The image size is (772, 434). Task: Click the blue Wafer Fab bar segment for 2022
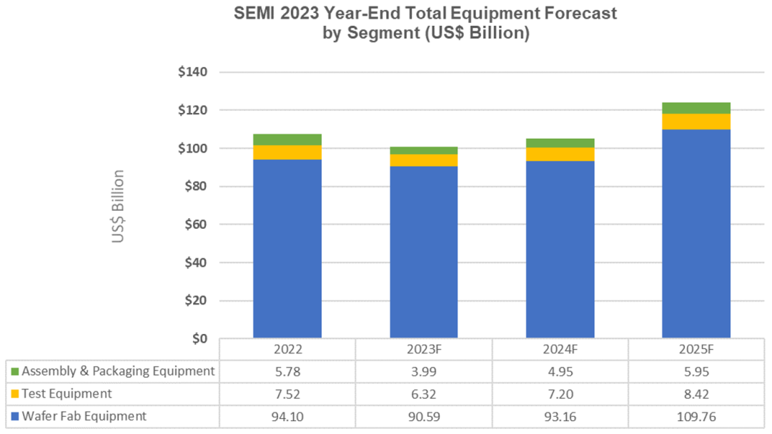287,248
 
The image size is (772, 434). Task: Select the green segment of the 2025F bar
696,108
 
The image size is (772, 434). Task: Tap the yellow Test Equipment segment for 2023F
424,160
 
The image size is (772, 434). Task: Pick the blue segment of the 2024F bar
560,249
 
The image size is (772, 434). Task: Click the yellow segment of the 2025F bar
696,121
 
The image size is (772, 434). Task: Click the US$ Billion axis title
118,206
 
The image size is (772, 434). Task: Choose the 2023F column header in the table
424,350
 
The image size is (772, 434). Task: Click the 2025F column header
696,350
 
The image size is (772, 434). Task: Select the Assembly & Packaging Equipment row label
118,371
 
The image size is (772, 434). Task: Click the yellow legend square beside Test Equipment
14,394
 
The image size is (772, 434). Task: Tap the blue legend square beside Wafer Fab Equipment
14,416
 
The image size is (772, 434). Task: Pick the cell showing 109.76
696,416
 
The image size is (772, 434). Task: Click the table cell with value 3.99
424,371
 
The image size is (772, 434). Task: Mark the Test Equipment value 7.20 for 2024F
560,394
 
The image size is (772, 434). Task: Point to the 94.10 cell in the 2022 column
287,416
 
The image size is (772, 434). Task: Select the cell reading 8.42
696,394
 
